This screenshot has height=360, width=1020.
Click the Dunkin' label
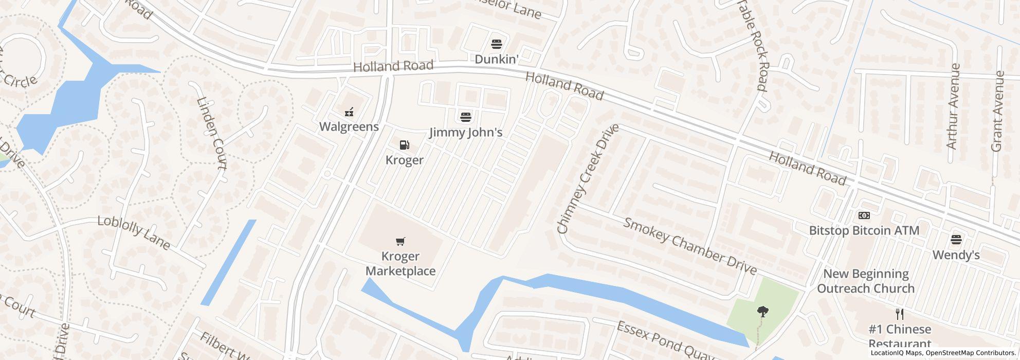pos(496,60)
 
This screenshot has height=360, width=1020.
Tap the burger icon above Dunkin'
pos(496,44)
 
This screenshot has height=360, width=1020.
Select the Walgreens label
pos(349,127)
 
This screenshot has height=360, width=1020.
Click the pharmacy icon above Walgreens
pos(349,111)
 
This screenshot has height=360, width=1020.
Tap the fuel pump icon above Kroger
pos(405,145)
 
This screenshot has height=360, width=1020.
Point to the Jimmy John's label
pos(466,133)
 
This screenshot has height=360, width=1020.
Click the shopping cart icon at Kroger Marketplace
pos(400,241)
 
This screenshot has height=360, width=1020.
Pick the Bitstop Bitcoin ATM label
pos(864,230)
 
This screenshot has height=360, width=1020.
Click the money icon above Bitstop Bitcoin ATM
pos(864,215)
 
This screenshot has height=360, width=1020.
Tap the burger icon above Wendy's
pos(956,239)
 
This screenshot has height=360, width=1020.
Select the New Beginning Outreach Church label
pos(866,281)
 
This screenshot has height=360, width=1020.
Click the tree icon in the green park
pos(762,311)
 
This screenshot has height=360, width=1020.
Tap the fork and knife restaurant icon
pos(900,314)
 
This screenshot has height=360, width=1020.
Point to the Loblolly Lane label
pos(134,232)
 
